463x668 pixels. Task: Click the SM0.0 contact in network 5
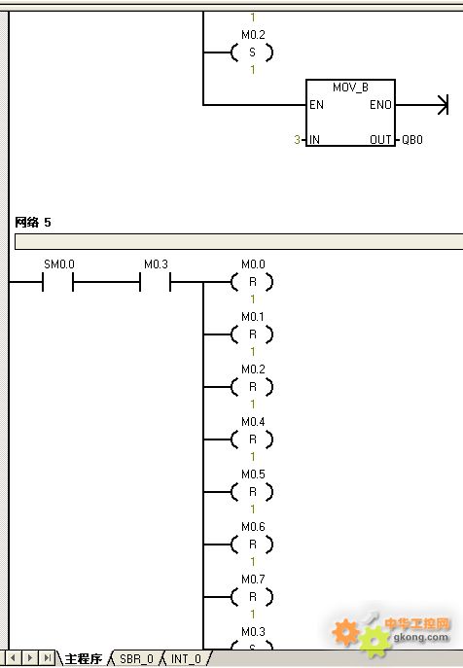[57, 282]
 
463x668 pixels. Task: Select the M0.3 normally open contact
[156, 282]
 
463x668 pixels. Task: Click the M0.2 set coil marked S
[252, 53]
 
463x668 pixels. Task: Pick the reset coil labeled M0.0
[252, 282]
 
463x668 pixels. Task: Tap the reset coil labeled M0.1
[252, 334]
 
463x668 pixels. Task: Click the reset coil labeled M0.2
[252, 387]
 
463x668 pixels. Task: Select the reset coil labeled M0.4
[252, 439]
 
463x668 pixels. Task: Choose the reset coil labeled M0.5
[252, 492]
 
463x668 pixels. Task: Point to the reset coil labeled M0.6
[252, 545]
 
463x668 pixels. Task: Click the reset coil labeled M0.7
[252, 597]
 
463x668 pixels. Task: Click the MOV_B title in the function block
[350, 88]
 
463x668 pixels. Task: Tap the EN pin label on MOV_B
[316, 105]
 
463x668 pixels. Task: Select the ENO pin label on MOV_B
[380, 105]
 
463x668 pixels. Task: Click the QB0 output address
[412, 140]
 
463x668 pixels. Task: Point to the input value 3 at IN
[297, 140]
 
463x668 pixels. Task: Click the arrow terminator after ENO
[443, 105]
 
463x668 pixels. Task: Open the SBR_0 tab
[136, 658]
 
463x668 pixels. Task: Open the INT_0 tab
[186, 658]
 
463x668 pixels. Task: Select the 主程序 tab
[84, 658]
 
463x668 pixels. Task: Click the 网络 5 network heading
[33, 222]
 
